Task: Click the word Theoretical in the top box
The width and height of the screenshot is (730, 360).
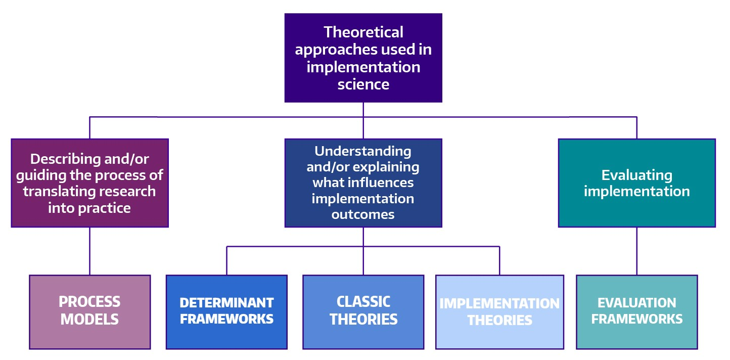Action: [363, 32]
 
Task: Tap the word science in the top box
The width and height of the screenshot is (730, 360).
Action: [363, 84]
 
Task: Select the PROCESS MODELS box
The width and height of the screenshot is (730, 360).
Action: [90, 312]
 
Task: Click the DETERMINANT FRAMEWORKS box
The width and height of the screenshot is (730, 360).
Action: [227, 312]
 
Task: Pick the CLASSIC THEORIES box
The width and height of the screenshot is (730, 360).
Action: [363, 312]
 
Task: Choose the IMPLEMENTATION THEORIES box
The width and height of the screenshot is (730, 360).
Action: [499, 312]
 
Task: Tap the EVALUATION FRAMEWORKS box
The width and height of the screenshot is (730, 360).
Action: [637, 312]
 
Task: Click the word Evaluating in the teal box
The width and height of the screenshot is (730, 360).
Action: [637, 175]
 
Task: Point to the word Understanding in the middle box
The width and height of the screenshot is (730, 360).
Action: [362, 151]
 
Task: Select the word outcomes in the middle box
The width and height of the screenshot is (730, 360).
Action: [362, 214]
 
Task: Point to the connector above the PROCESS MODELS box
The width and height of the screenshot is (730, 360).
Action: [89, 251]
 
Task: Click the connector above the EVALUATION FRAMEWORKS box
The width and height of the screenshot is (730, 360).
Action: [637, 251]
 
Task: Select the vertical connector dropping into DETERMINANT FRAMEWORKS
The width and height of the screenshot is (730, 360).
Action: [227, 261]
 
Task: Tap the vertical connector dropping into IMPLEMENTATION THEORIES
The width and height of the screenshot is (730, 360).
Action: [499, 261]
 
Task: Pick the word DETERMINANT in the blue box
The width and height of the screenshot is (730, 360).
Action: [227, 303]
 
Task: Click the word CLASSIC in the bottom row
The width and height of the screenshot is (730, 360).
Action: [363, 302]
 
